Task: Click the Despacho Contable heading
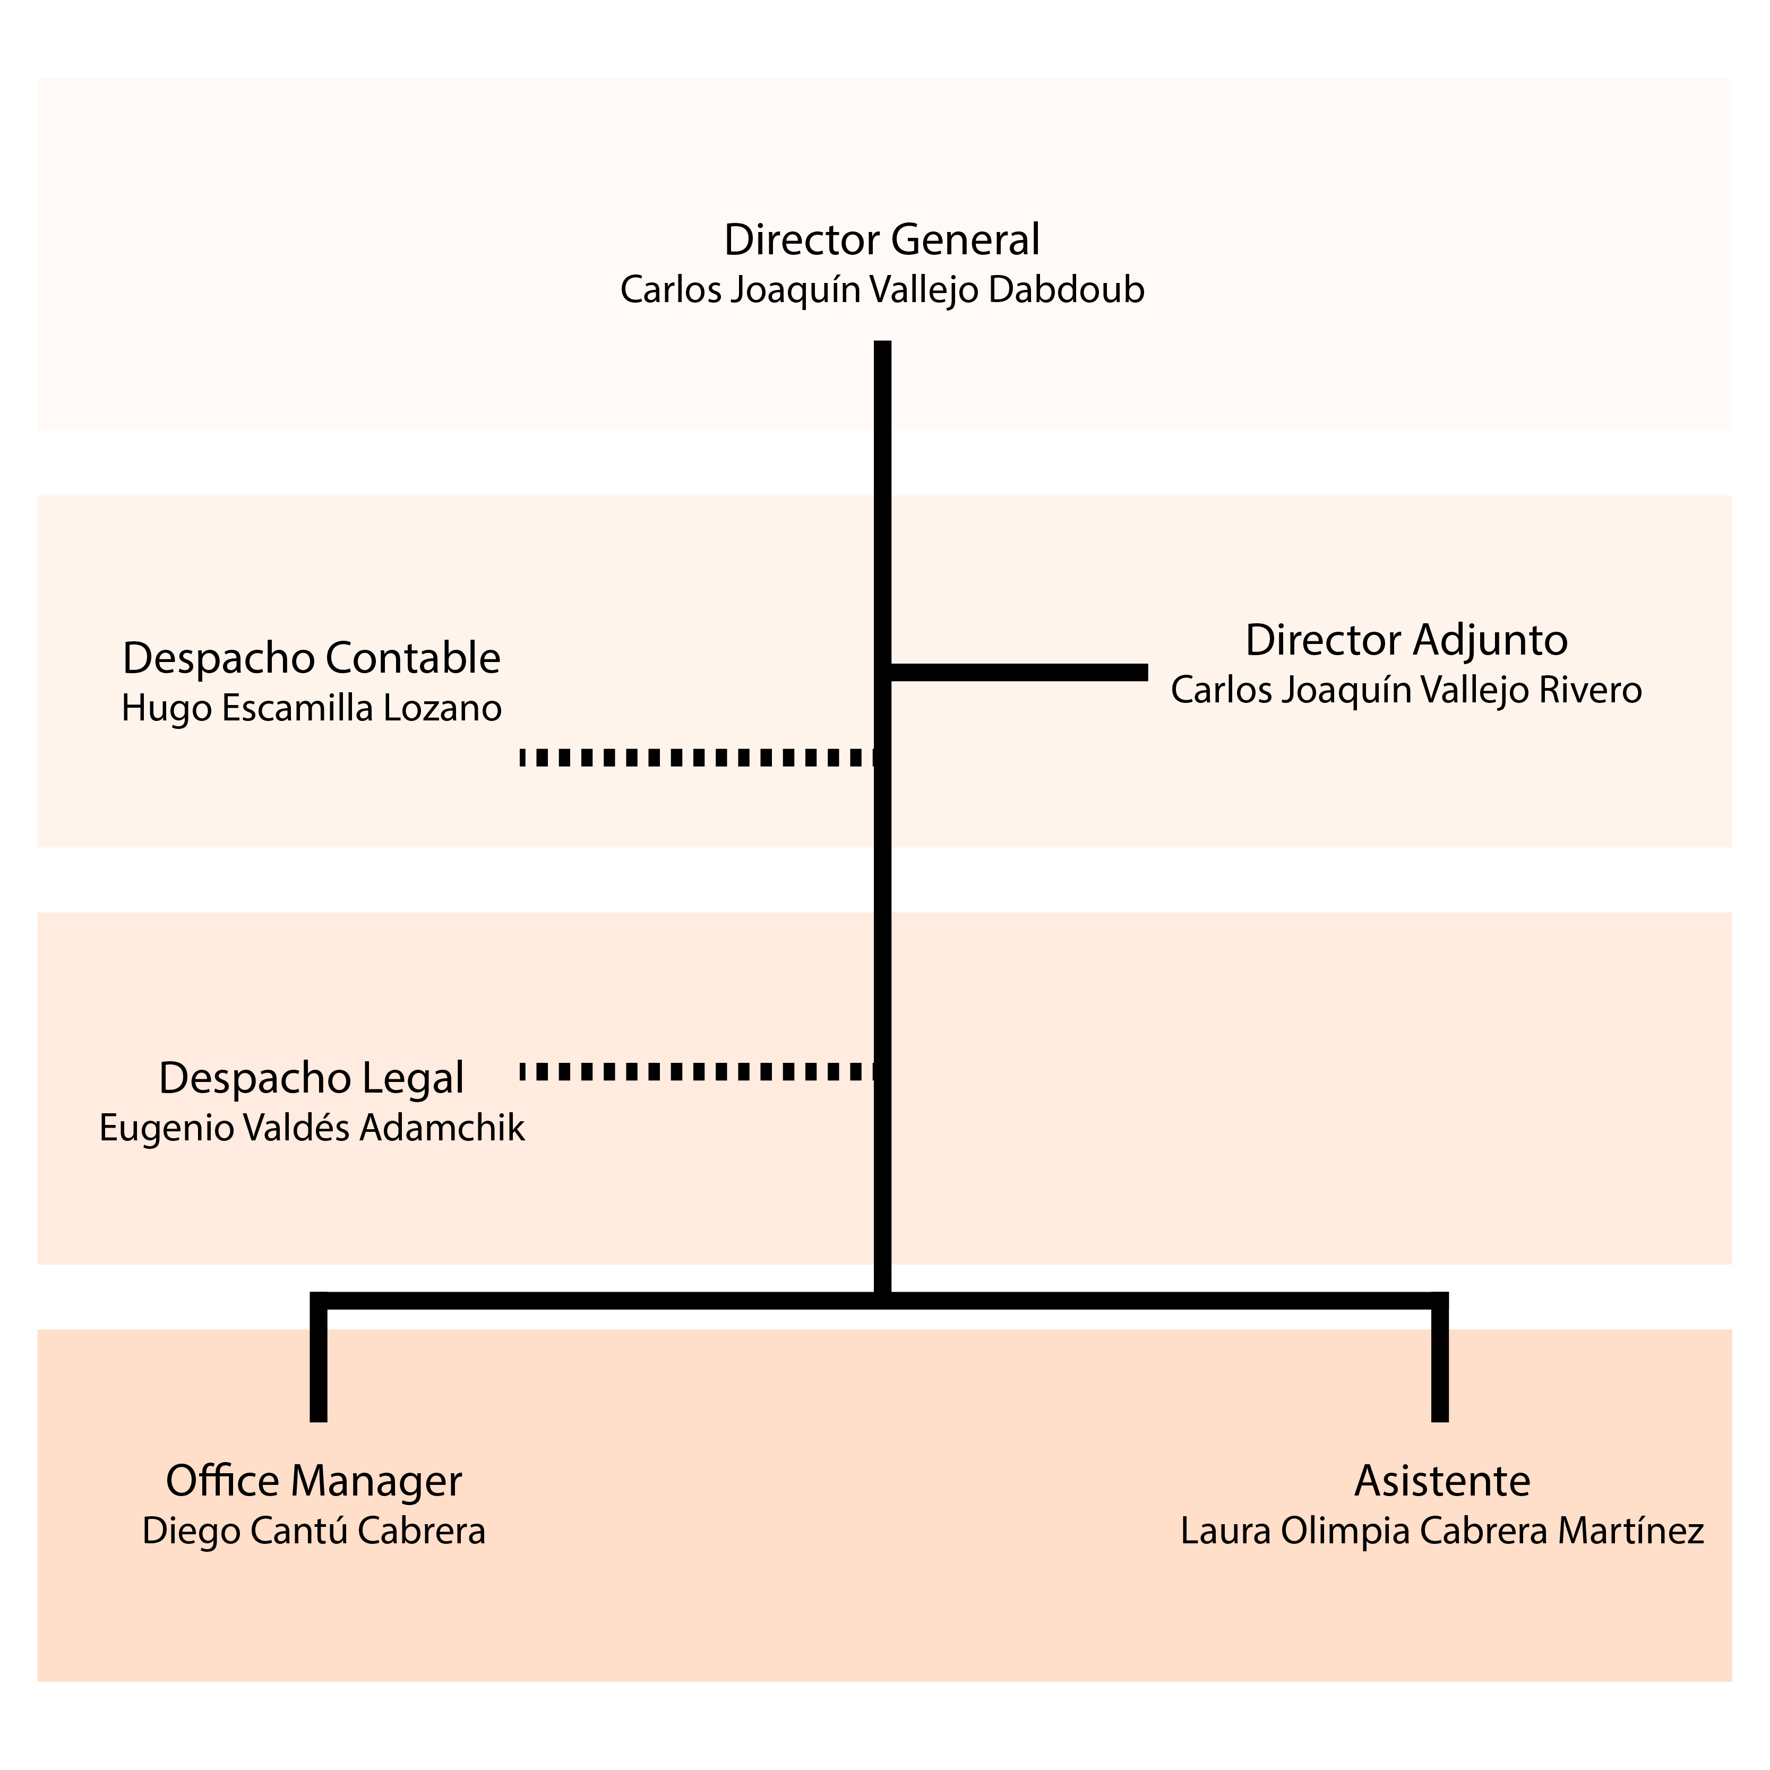(312, 659)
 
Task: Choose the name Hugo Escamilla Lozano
(312, 708)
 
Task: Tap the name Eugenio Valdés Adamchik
(312, 1128)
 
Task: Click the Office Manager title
(313, 1481)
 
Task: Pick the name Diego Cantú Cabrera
(313, 1531)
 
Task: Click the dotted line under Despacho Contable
(697, 758)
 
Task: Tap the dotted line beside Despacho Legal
(697, 1071)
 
